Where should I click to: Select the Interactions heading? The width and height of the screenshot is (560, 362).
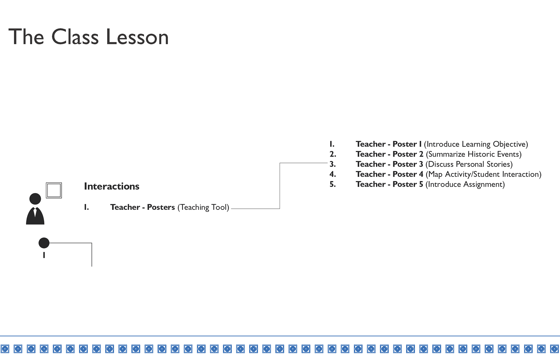tap(112, 186)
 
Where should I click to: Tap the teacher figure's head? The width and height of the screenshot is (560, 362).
tap(35, 199)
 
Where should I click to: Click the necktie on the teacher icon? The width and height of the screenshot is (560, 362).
tap(35, 212)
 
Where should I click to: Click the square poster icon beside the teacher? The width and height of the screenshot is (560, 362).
tap(54, 190)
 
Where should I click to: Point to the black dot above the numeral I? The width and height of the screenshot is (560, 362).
tap(44, 243)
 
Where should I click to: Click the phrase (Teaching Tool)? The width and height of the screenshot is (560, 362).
tap(203, 207)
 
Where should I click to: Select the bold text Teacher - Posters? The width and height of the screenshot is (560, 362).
tap(142, 207)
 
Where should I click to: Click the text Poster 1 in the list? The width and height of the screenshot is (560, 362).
tap(407, 144)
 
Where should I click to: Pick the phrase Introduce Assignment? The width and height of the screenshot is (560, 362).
tap(465, 184)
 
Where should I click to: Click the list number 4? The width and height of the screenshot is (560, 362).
tap(332, 174)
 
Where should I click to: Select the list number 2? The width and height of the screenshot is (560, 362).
tap(332, 154)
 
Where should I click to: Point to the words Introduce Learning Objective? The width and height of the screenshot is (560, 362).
tap(476, 144)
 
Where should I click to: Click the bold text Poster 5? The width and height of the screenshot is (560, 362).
tap(408, 184)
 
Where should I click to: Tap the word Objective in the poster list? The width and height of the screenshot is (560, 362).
tap(509, 144)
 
